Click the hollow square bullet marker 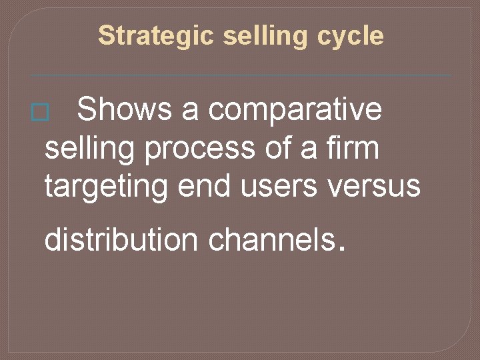click(x=40, y=113)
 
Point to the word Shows click(x=125, y=110)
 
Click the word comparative click(x=295, y=110)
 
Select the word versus click(x=378, y=186)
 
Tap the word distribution click(x=121, y=240)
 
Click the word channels click(x=271, y=240)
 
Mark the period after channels click(x=342, y=251)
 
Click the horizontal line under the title click(x=240, y=75)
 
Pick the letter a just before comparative click(x=190, y=111)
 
